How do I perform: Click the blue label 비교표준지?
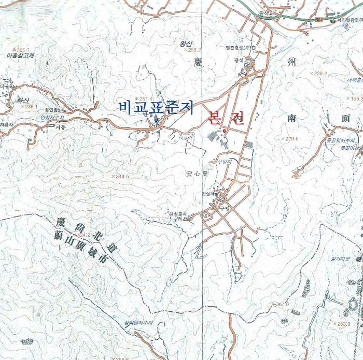[x=156, y=108]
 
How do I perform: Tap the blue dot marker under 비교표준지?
[x=157, y=121]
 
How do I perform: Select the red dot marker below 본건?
[x=225, y=131]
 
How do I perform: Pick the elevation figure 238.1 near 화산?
[x=31, y=107]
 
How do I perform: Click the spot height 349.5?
[x=121, y=177]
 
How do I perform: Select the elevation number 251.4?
[x=145, y=98]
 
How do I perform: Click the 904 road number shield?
[x=318, y=19]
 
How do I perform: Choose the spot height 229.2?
[x=320, y=74]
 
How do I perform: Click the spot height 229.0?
[x=292, y=138]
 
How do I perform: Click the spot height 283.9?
[x=344, y=324]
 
